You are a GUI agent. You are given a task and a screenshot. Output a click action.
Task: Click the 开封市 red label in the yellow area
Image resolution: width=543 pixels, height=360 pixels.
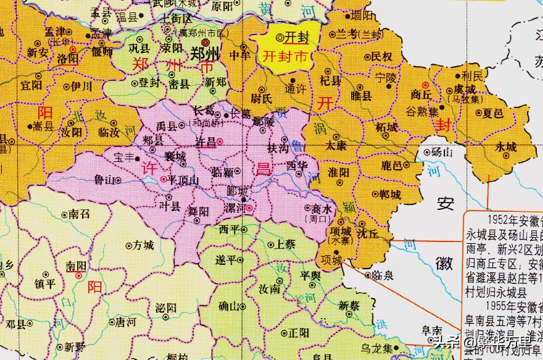point(284,55)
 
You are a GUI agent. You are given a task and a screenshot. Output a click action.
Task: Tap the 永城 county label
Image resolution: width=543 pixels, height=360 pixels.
point(505,148)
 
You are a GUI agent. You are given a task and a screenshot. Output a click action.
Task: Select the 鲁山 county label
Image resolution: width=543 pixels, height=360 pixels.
point(104,180)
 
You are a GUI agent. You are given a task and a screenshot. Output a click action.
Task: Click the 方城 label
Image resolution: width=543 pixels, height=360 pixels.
point(143,245)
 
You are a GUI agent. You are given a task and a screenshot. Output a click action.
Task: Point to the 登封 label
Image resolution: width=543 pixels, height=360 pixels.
point(148,83)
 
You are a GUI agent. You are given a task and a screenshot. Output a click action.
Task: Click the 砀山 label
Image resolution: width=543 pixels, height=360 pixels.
point(441,151)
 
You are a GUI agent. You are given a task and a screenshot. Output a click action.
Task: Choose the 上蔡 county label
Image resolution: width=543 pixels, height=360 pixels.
point(284,244)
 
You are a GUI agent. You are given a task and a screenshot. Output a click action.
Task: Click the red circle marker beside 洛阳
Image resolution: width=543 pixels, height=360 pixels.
point(73,48)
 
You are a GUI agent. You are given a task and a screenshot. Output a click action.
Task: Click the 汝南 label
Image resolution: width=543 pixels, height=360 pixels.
point(270,289)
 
